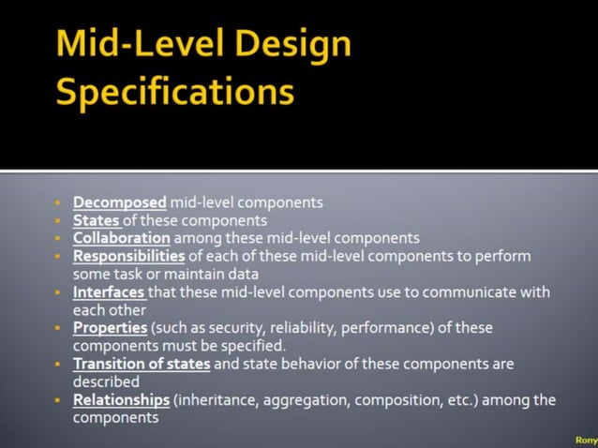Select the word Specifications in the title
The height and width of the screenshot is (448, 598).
(x=175, y=92)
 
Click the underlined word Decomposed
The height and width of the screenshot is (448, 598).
(x=120, y=202)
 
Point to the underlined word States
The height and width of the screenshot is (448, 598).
(x=96, y=220)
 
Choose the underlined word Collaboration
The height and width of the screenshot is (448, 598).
(x=122, y=238)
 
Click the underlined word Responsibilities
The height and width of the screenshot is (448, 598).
(x=129, y=256)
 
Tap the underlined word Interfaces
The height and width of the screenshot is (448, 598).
(x=108, y=292)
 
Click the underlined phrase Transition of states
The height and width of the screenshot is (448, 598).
(x=142, y=365)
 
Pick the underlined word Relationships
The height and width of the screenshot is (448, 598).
(x=122, y=400)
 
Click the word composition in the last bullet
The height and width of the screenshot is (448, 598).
(x=397, y=400)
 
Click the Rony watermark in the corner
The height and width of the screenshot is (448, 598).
(x=585, y=439)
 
